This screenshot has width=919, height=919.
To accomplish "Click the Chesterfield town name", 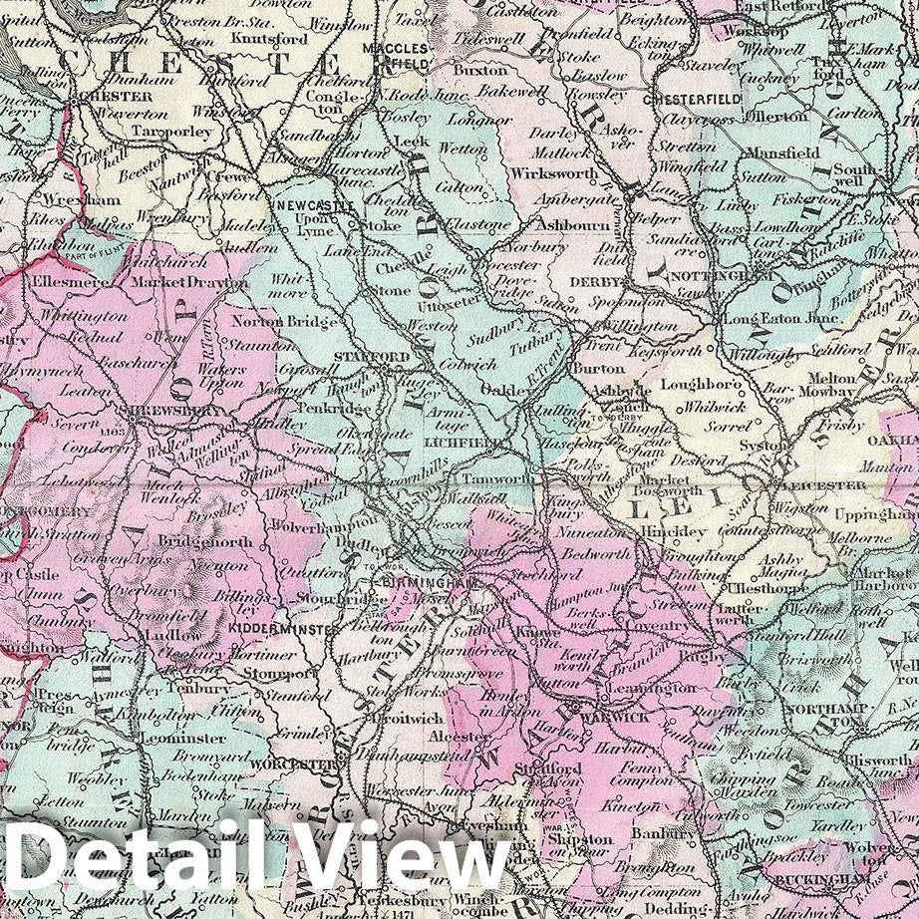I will (693, 100).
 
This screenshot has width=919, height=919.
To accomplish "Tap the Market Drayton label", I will (188, 284).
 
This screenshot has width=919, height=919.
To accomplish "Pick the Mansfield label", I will (779, 153).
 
